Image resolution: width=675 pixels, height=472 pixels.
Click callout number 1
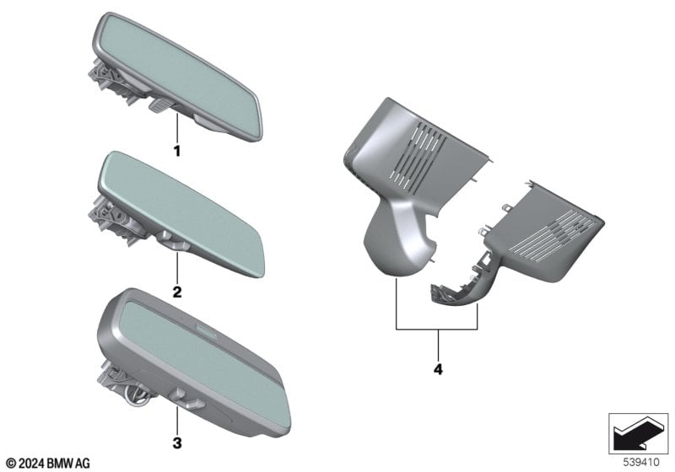(176, 151)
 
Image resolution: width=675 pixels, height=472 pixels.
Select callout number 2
(177, 292)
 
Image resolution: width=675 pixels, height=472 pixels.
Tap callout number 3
(177, 442)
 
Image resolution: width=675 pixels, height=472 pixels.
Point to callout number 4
(438, 369)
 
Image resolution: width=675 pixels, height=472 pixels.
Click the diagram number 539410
(641, 462)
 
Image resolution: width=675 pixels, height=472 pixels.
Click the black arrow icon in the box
(638, 434)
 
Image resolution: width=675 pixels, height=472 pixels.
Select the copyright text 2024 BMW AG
(48, 464)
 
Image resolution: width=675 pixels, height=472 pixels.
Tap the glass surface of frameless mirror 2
(181, 211)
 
